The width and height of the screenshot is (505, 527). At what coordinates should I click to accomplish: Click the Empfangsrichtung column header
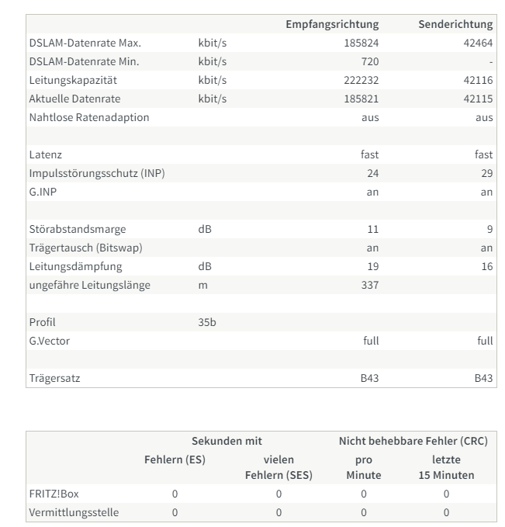point(333,25)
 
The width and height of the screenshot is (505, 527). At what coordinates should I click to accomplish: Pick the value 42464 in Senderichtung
point(478,43)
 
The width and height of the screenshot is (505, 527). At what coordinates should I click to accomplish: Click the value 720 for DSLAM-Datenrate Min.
point(370,62)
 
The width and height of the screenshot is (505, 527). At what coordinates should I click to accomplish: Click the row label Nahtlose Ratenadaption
point(88,118)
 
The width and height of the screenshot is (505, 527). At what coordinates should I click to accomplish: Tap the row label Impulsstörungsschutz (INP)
point(96,174)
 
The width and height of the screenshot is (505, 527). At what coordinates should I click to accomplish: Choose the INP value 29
point(486,174)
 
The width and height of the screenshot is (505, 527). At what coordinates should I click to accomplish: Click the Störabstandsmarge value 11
point(373,230)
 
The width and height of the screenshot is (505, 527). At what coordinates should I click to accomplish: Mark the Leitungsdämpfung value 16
point(486,267)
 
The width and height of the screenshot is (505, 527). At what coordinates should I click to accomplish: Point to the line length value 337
point(370,286)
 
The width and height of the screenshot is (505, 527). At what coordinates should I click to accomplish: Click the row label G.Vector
point(49,342)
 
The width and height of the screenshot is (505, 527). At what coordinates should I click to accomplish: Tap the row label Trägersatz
point(54,379)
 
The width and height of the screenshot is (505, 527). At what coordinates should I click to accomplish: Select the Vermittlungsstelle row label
point(74,512)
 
